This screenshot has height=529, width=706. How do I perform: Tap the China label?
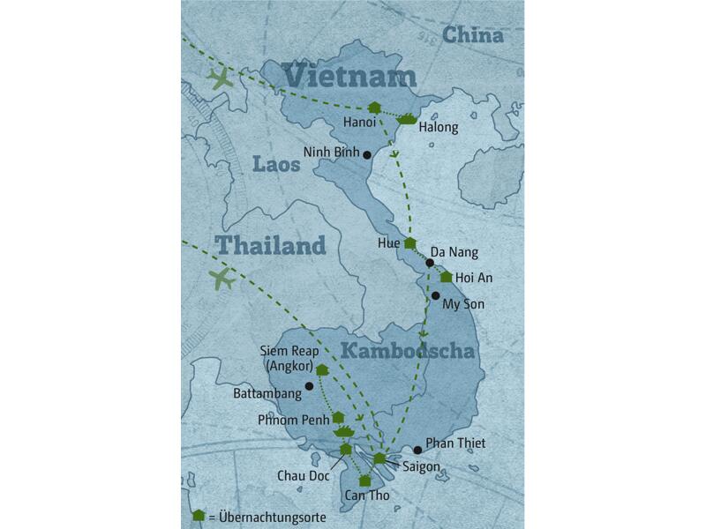coord(473,35)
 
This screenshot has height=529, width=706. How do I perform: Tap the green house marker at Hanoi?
coord(374,108)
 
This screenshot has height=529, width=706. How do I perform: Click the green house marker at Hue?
coord(409,242)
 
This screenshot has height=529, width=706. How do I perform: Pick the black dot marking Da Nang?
coord(430,263)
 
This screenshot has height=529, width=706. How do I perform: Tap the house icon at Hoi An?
coord(446,277)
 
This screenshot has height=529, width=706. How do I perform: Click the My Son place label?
coord(462,303)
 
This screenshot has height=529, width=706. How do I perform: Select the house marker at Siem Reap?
coord(322,370)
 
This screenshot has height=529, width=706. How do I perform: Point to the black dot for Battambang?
coord(309,386)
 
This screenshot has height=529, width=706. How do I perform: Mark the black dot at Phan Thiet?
coord(417,450)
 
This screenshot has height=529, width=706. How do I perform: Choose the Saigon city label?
coord(421,466)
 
